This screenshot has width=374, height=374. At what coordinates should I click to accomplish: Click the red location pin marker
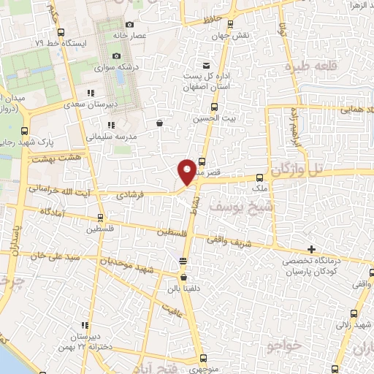click(x=187, y=172)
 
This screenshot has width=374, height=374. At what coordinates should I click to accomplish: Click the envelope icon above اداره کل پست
click(x=206, y=66)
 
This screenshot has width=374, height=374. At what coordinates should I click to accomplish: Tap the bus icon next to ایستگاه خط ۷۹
click(x=60, y=32)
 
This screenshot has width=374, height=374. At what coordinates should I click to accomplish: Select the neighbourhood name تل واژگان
click(x=305, y=170)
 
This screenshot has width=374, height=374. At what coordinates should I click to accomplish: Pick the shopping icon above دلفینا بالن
click(x=183, y=278)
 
